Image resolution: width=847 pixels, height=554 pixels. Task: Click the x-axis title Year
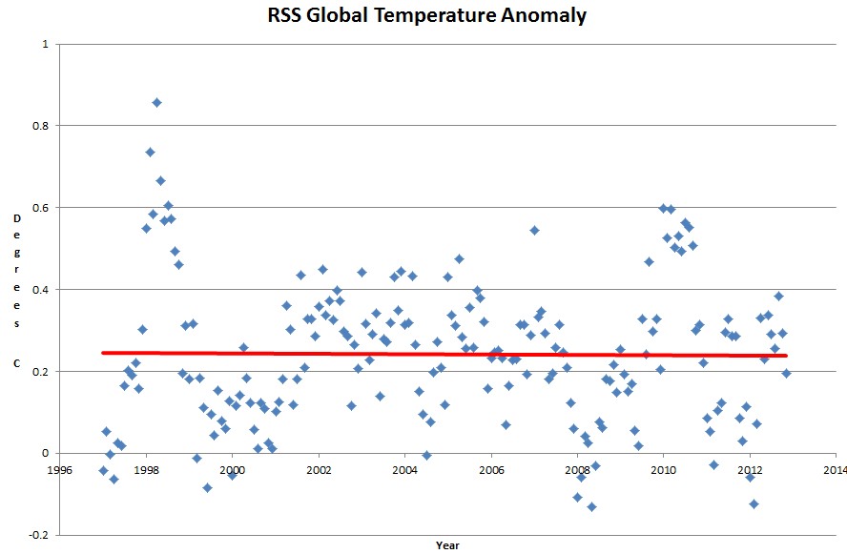pos(447,546)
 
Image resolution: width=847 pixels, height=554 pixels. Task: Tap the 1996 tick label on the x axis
pos(60,470)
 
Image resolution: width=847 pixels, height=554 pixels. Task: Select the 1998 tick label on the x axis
pos(146,470)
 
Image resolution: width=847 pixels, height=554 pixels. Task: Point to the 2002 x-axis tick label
pos(319,470)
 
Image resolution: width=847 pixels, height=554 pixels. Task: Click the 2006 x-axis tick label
pos(491,470)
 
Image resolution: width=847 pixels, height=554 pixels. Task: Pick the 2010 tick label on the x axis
pos(664,470)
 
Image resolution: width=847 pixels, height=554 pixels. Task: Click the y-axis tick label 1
pos(43,44)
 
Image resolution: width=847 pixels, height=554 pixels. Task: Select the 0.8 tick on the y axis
pos(39,126)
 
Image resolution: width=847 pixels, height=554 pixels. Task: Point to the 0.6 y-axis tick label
pos(39,208)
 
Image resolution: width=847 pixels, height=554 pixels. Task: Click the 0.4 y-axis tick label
pos(39,290)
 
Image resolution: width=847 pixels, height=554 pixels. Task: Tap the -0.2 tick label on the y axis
pos(37,535)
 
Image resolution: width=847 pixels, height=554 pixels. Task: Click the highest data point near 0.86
pos(156,102)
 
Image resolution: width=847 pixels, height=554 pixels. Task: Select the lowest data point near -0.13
pos(591,506)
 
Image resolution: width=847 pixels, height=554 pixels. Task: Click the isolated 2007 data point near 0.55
pos(534,229)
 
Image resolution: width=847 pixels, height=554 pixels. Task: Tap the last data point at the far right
pos(786,373)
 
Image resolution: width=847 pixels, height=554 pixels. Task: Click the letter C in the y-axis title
pos(16,363)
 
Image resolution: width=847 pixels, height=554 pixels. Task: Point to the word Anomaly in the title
pos(543,15)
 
